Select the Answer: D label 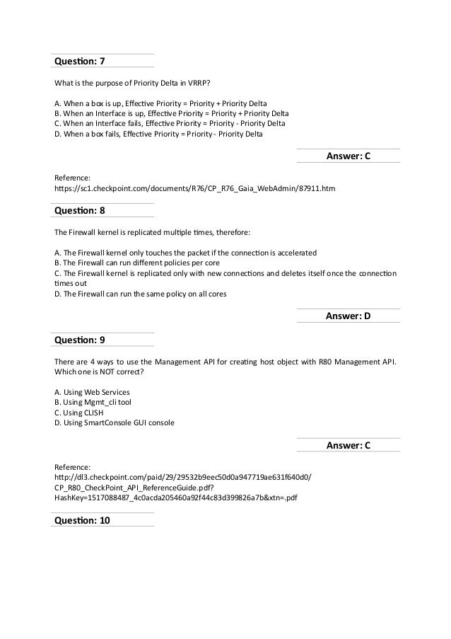coord(348,316)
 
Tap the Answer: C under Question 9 coord(348,445)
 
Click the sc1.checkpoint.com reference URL coord(195,190)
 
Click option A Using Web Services coord(92,391)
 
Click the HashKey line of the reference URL coord(175,497)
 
